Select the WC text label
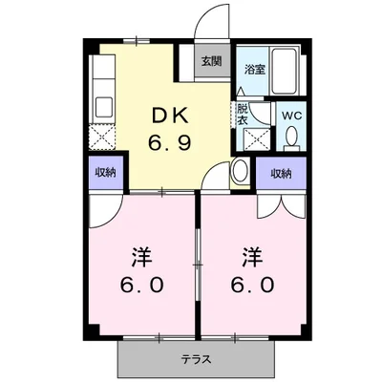[292, 117]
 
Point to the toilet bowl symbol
[292, 139]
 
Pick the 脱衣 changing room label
[243, 114]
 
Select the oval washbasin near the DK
[241, 173]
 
